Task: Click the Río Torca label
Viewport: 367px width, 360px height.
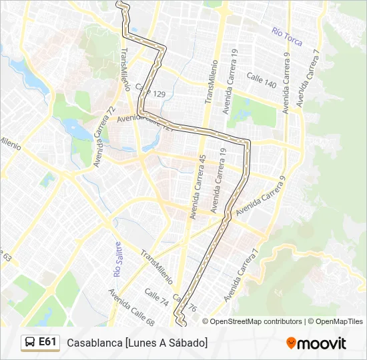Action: click(287, 37)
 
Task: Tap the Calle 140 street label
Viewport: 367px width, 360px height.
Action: click(262, 80)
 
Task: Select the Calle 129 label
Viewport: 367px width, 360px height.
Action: click(150, 91)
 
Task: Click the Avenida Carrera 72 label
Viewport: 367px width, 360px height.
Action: click(105, 136)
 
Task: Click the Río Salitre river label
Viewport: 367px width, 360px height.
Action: click(118, 260)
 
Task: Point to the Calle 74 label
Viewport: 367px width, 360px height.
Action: click(156, 297)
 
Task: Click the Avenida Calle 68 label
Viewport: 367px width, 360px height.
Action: click(131, 307)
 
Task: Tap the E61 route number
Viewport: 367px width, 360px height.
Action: click(47, 342)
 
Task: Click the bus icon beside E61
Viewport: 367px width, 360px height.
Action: click(30, 343)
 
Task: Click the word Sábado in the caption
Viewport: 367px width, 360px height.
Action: click(188, 343)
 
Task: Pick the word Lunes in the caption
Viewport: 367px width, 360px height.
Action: click(142, 343)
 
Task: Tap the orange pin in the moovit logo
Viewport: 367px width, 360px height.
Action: click(291, 343)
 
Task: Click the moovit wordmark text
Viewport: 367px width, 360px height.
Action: click(322, 343)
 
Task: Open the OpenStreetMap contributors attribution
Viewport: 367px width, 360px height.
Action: click(256, 321)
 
